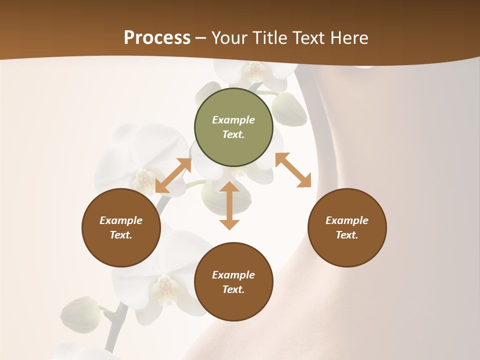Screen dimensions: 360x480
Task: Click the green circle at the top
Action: pyautogui.click(x=233, y=127)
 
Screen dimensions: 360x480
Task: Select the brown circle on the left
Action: pyautogui.click(x=121, y=227)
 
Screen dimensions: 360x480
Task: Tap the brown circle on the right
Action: pyautogui.click(x=347, y=227)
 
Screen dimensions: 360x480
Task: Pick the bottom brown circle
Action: pyautogui.click(x=233, y=282)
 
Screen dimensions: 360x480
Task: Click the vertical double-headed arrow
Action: pyautogui.click(x=229, y=205)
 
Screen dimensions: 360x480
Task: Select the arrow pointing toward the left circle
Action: pyautogui.click(x=173, y=175)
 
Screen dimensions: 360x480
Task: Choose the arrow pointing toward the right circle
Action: pyautogui.click(x=293, y=170)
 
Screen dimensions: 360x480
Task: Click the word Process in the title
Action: pyautogui.click(x=157, y=38)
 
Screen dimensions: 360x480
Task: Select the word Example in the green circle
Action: pyautogui.click(x=233, y=120)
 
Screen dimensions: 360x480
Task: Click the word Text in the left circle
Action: pyautogui.click(x=121, y=235)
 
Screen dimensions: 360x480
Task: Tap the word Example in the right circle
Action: pyautogui.click(x=347, y=220)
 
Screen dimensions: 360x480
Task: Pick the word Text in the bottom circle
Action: pyautogui.click(x=233, y=289)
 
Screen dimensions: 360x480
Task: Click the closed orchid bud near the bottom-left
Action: pyautogui.click(x=80, y=314)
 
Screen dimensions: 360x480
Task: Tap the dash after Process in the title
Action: pyautogui.click(x=201, y=38)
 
